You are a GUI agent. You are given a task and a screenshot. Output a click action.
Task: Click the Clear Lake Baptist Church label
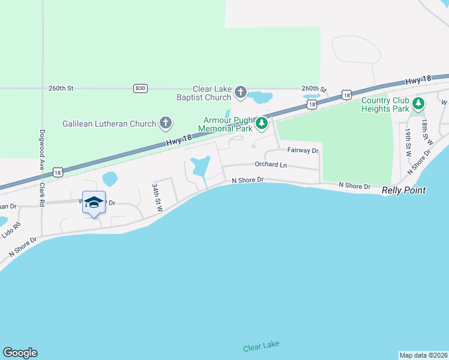[x=212, y=93]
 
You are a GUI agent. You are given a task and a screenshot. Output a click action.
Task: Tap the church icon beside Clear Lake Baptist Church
[x=241, y=92]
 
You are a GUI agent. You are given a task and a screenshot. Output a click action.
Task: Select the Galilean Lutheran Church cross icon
[x=166, y=124]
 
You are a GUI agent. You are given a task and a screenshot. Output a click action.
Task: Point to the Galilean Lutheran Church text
[x=109, y=124]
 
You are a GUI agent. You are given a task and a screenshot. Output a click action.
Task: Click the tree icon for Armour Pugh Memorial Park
[x=262, y=124]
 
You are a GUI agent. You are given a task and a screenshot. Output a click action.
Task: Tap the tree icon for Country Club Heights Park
[x=418, y=104]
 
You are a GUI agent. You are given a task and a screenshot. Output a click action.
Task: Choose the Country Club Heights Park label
[x=385, y=104]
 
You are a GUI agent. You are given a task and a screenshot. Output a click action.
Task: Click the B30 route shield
[x=140, y=88]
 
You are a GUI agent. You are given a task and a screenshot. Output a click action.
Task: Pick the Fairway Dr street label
[x=303, y=151]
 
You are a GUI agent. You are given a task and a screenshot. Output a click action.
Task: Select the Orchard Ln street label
[x=271, y=164]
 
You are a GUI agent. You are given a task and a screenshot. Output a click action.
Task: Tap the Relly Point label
[x=403, y=190]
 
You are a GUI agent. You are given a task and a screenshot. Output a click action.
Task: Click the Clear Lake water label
[x=261, y=347]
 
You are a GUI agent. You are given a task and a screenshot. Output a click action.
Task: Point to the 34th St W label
[x=157, y=197]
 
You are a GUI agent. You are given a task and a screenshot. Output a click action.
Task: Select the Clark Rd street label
[x=42, y=193]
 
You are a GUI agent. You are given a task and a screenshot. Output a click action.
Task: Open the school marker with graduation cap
[x=93, y=203]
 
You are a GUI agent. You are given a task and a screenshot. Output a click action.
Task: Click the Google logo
[x=20, y=353]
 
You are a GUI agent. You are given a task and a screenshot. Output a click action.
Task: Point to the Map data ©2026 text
[x=423, y=355]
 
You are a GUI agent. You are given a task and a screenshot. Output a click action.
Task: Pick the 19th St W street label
[x=407, y=142]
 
